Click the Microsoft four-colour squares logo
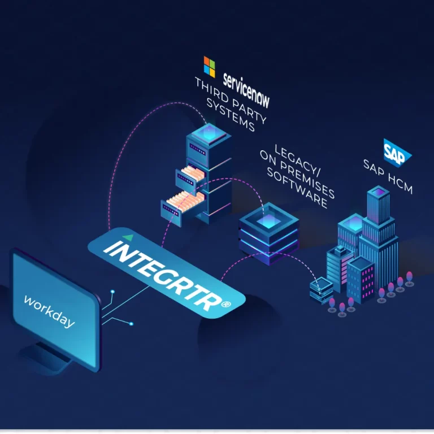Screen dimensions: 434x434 point(210,66)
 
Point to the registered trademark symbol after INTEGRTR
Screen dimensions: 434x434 point(226,304)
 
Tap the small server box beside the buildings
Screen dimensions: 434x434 point(321,288)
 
